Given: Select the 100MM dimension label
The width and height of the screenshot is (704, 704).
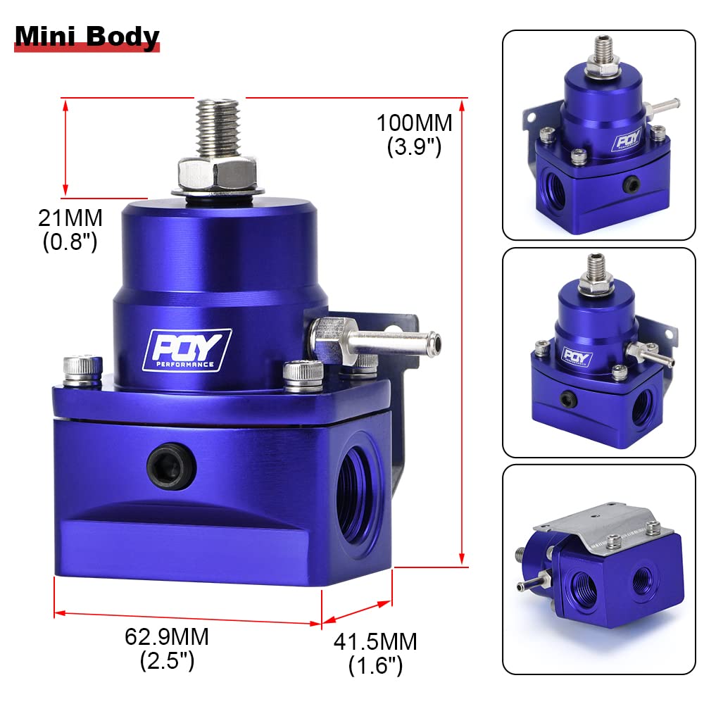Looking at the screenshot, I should point(414,122).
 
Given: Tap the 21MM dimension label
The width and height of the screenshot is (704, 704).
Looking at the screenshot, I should point(70,218).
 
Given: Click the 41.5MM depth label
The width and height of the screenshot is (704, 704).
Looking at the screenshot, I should point(375,641).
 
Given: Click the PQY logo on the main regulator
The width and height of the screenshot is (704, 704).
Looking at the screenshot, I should point(187,348).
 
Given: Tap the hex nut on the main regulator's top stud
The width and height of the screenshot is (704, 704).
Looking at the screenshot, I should point(217,171).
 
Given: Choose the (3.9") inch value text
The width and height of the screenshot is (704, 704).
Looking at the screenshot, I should point(414,147).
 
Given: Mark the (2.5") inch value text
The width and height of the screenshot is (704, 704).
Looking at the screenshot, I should point(167,661).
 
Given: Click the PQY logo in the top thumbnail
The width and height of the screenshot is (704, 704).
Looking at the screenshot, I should point(627,139).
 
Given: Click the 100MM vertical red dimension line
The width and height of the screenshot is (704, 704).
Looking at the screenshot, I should point(463,331).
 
